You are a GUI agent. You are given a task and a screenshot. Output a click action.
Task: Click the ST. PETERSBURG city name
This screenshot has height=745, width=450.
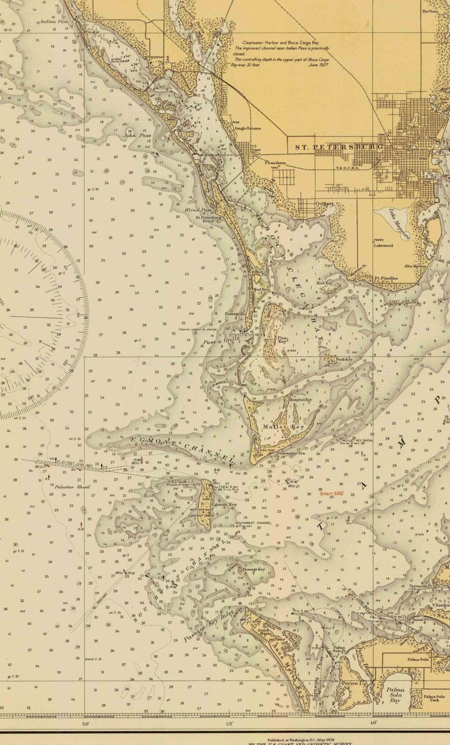click(x=339, y=147)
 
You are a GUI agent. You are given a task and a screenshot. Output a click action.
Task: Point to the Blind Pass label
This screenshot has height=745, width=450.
click(x=194, y=210)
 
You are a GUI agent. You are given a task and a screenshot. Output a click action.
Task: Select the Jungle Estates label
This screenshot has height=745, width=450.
click(x=247, y=129)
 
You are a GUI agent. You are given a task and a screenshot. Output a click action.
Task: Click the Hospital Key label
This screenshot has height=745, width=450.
click(x=301, y=399)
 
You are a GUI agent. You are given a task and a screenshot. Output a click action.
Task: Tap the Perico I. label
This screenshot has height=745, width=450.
click(x=350, y=684)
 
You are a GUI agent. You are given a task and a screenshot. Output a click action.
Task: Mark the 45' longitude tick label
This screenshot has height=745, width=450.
click(x=230, y=723)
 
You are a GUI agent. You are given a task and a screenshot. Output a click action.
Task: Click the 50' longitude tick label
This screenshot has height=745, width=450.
click(x=86, y=723)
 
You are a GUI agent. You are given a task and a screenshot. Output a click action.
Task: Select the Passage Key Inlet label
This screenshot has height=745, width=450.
click(x=208, y=625)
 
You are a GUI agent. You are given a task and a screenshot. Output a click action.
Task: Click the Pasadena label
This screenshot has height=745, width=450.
click(x=274, y=163)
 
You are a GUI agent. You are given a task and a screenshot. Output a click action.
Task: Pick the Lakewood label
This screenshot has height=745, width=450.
click(x=383, y=245)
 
